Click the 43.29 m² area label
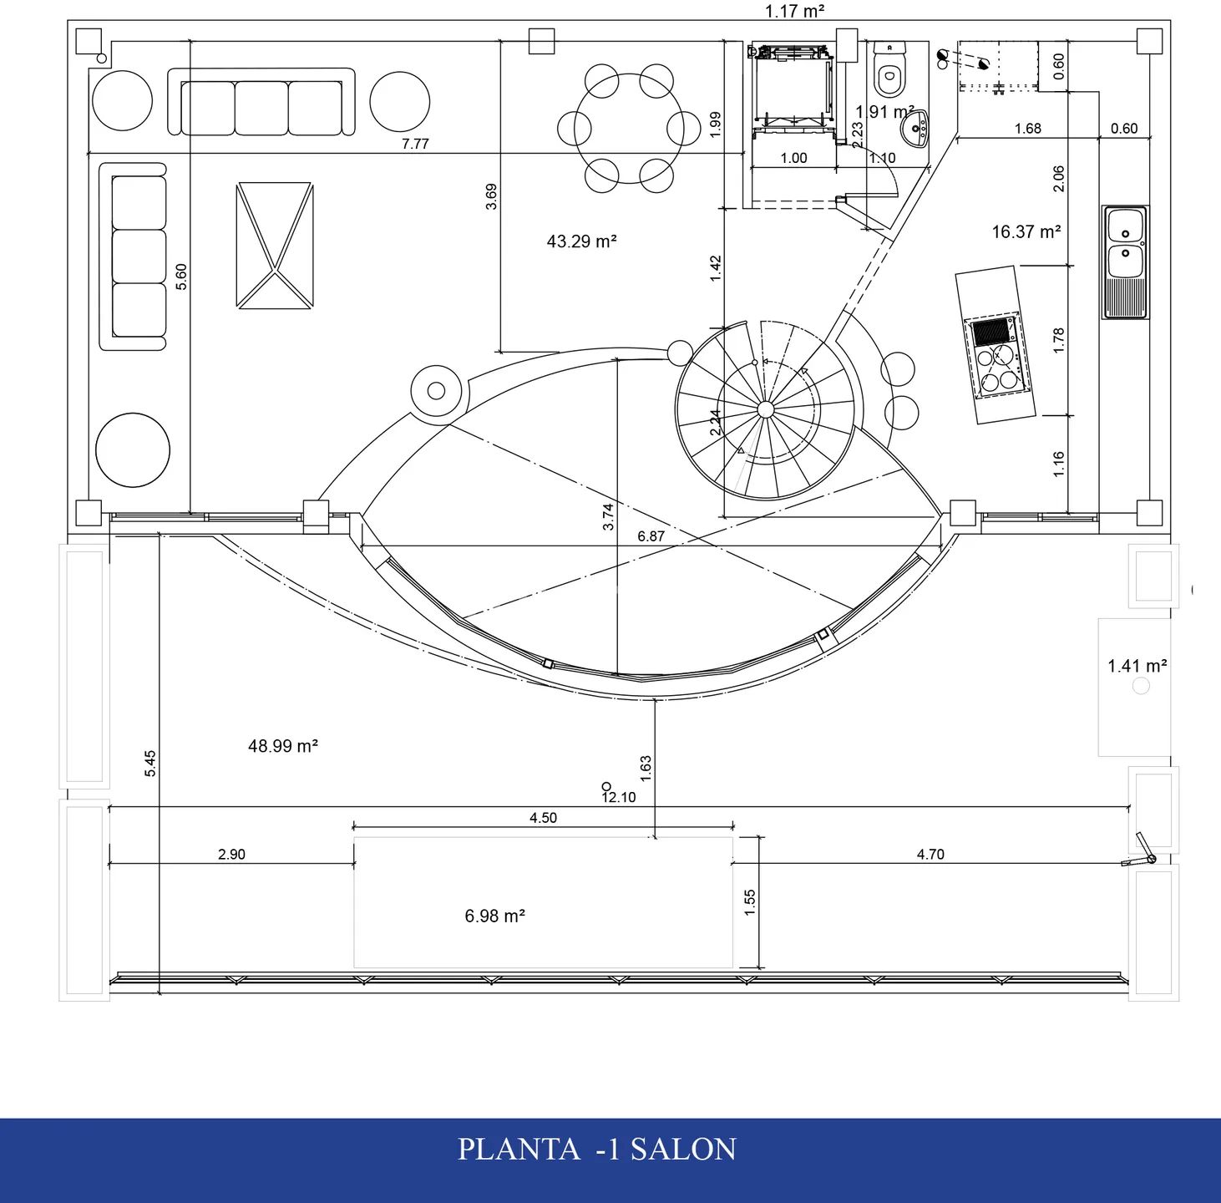(x=581, y=241)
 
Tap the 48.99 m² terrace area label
(x=282, y=746)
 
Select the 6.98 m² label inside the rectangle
(x=495, y=916)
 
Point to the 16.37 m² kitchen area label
(x=1026, y=232)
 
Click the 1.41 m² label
(x=1137, y=666)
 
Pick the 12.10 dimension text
(x=618, y=797)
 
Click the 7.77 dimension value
(x=415, y=144)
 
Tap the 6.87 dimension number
(x=651, y=536)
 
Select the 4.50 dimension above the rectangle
(x=543, y=818)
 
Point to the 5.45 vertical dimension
(x=150, y=763)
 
